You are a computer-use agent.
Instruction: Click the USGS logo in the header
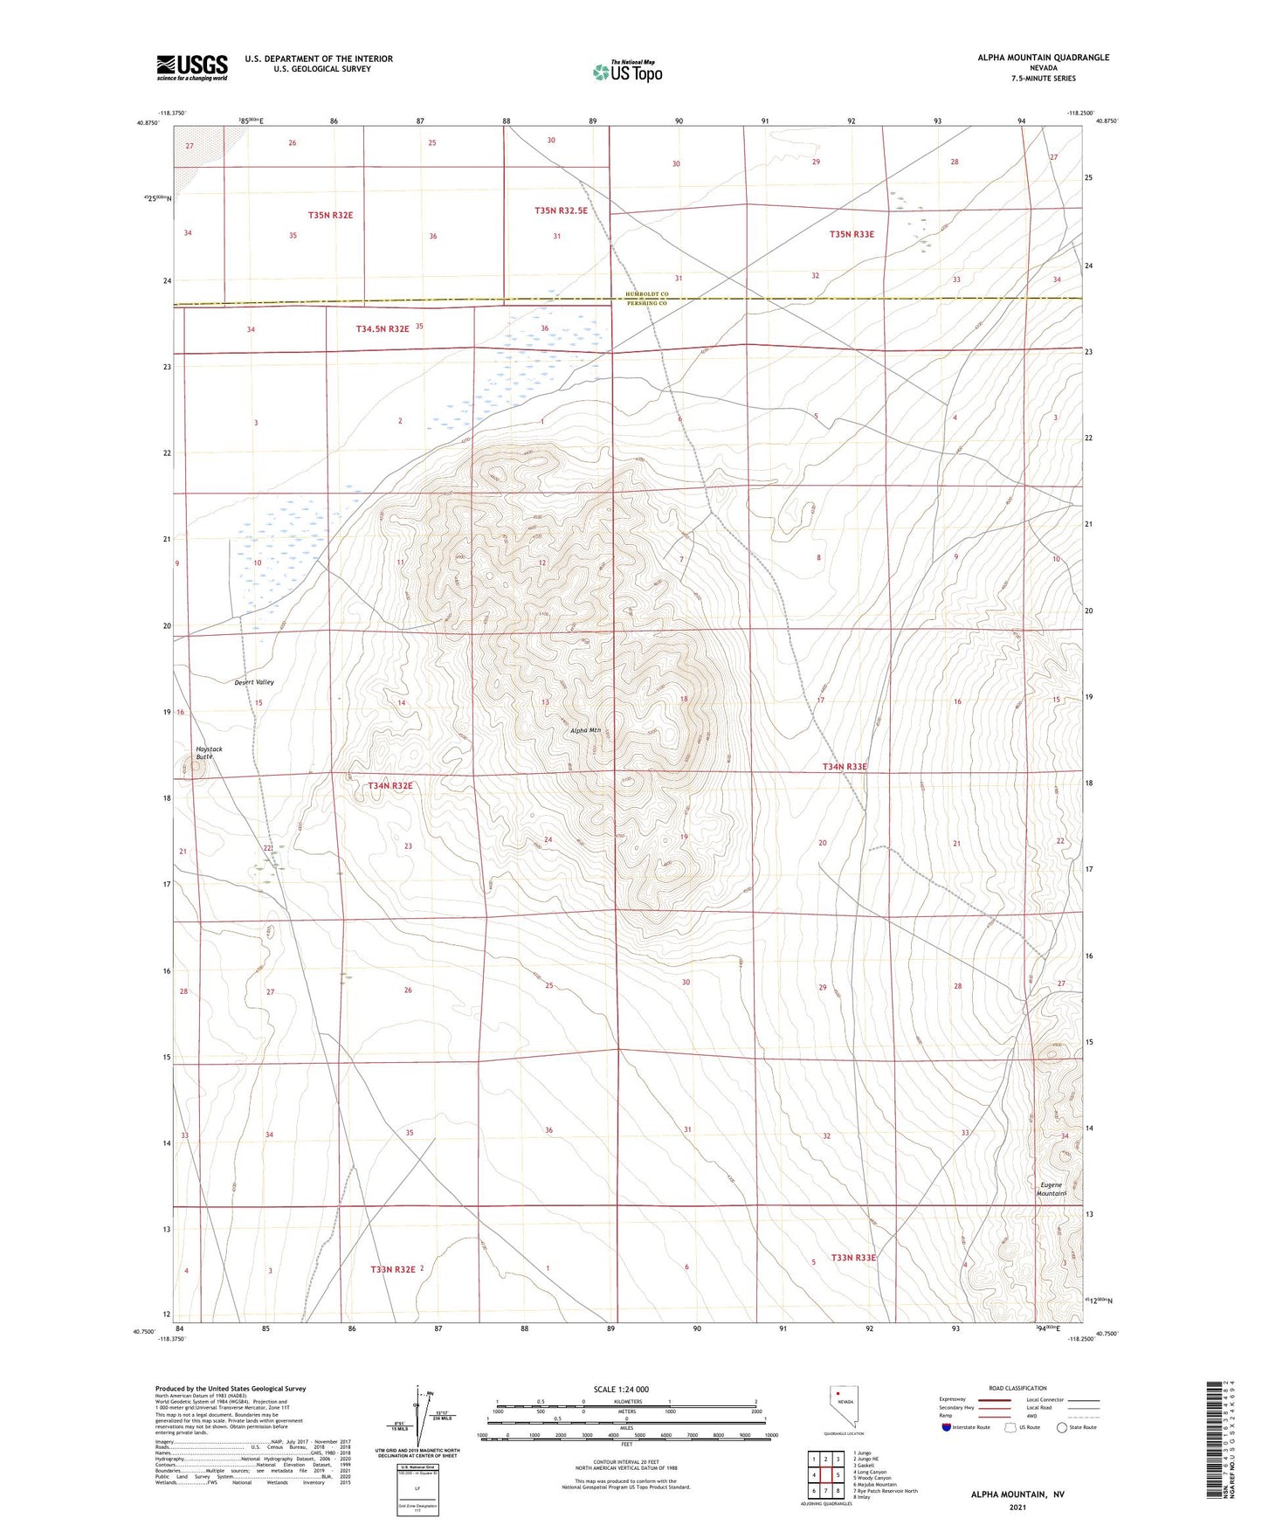pos(192,67)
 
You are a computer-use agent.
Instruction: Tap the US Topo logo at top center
pos(627,72)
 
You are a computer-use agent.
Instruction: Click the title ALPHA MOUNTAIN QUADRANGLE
pos(1043,58)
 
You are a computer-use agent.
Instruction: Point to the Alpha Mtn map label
pos(585,730)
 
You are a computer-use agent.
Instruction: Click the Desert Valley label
pos(254,682)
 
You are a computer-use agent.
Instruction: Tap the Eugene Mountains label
pos(1052,1190)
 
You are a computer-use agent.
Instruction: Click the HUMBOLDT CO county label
pos(646,295)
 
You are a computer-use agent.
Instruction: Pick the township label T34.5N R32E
pos(383,328)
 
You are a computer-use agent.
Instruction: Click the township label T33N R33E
pos(852,1258)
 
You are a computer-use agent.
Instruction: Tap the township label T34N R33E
pos(845,767)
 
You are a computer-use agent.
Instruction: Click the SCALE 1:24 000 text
pos(621,1390)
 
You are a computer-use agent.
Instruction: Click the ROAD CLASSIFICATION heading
pos(1017,1388)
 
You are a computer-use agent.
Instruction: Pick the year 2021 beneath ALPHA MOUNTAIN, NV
pos(1017,1508)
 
